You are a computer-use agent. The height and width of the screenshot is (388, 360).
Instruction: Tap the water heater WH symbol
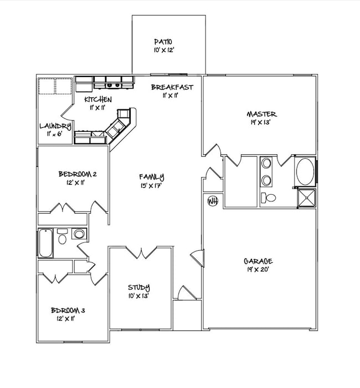[212, 200]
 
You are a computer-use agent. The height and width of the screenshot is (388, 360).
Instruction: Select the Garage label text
[258, 261]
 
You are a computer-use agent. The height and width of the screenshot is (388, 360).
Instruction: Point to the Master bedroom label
[261, 115]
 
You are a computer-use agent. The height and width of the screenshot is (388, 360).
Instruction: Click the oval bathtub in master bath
[304, 172]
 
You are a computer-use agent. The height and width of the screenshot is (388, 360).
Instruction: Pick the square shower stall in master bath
[307, 197]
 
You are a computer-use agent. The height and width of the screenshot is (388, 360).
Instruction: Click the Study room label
[138, 287]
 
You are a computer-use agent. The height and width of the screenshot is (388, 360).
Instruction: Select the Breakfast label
[172, 87]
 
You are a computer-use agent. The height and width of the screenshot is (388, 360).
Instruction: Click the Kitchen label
[98, 100]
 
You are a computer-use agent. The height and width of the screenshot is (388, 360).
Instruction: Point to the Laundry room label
[55, 126]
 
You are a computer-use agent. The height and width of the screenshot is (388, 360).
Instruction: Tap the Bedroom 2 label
[78, 174]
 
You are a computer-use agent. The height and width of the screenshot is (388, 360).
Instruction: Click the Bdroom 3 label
[68, 311]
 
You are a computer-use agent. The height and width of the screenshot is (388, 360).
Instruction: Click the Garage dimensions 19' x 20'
[258, 270]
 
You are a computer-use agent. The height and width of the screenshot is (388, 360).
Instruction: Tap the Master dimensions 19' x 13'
[261, 123]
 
